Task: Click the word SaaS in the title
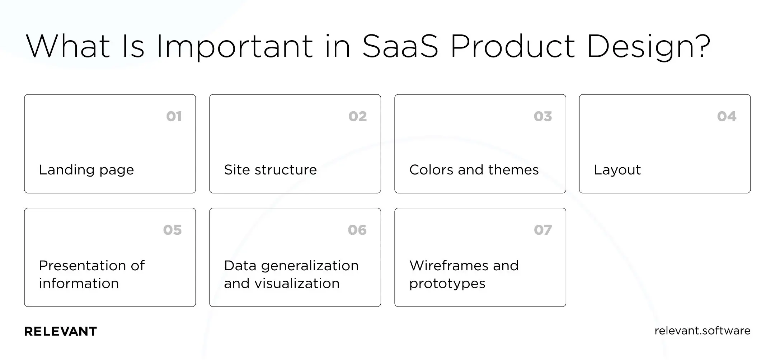click(x=400, y=47)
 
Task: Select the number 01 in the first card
click(x=174, y=116)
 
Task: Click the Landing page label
click(x=86, y=170)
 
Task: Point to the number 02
click(x=357, y=116)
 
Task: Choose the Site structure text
click(x=270, y=170)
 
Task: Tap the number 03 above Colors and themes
click(x=542, y=116)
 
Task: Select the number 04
click(x=727, y=116)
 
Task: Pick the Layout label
click(x=617, y=170)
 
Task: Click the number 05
click(x=172, y=230)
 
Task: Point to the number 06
click(x=357, y=230)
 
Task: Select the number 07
click(x=542, y=230)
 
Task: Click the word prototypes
click(x=447, y=284)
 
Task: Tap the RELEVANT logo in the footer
click(x=60, y=331)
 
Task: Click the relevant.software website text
click(x=702, y=331)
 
